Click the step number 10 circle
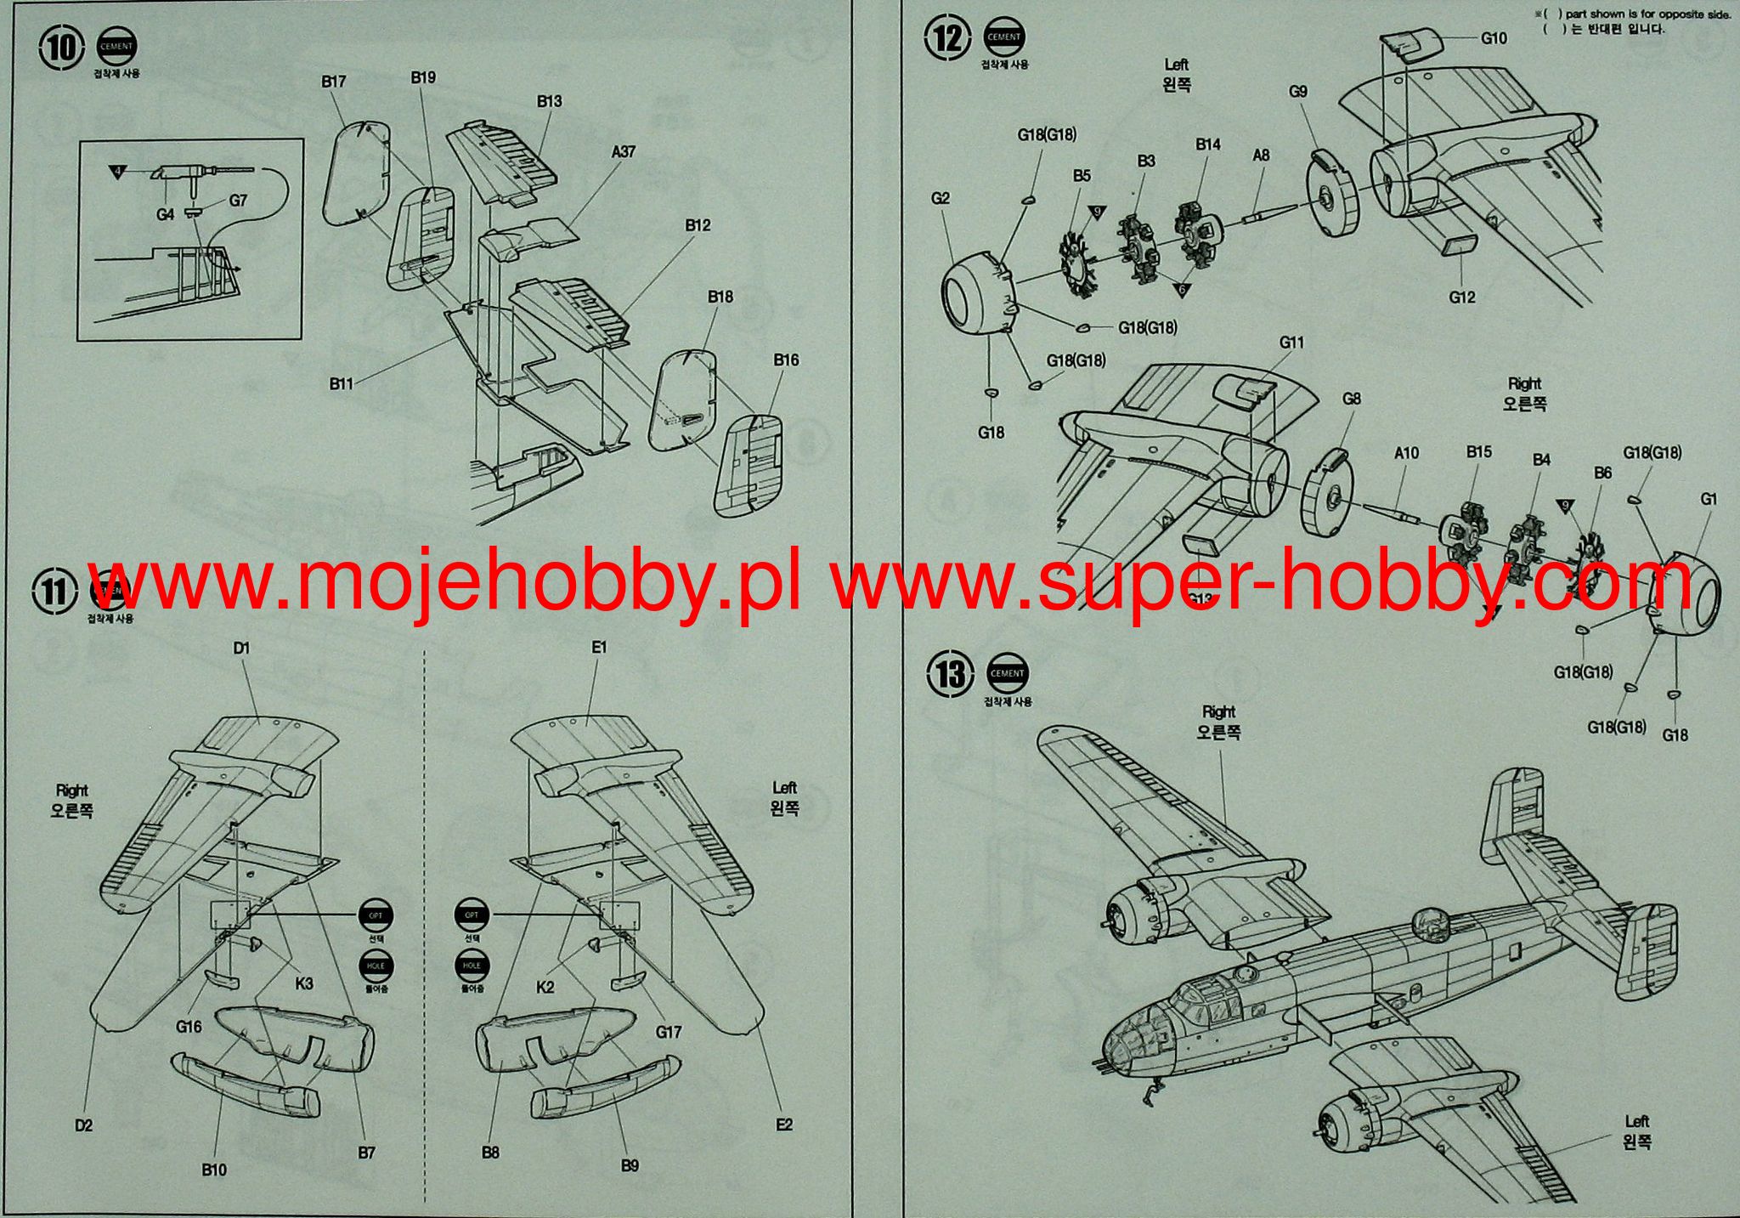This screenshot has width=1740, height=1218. click(62, 48)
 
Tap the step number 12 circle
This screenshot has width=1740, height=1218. click(950, 38)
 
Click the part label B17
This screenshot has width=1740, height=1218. click(334, 82)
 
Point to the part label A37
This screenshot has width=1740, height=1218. click(623, 152)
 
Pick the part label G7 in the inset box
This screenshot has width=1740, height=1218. click(237, 201)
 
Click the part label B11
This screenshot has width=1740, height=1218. click(342, 384)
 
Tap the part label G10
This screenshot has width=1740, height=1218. click(1494, 38)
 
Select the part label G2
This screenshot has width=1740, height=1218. click(940, 198)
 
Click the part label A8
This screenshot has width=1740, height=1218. click(1261, 156)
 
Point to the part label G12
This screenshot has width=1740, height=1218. click(1462, 297)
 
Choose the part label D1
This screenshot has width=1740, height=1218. click(242, 649)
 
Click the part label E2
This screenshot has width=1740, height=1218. click(783, 1125)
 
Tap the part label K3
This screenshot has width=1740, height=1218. click(303, 983)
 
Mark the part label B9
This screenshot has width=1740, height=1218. click(629, 1165)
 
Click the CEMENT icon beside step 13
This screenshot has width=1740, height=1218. click(1007, 673)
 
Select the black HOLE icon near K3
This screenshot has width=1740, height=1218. click(376, 966)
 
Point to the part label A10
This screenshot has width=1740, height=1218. click(1406, 453)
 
